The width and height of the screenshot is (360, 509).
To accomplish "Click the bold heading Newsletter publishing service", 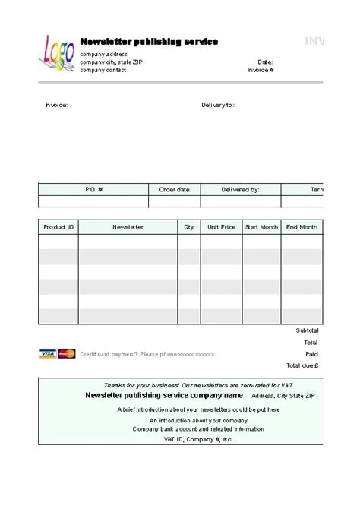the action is tap(149, 41).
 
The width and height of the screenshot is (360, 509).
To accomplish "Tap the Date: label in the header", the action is tap(265, 62).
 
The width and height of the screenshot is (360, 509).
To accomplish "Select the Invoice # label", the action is tap(261, 70).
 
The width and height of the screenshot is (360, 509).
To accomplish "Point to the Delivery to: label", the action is tap(218, 105).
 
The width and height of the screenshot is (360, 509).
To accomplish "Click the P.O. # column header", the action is tap(93, 189).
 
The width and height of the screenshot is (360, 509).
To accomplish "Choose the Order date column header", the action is tap(174, 189).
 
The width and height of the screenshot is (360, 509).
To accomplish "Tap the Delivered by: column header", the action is tap(240, 189).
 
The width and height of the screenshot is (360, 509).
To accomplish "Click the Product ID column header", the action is tap(58, 226).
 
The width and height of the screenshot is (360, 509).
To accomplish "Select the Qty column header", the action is tap(188, 226).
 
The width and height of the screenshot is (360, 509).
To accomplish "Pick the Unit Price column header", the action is tap(222, 226).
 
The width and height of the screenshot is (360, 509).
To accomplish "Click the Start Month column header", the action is tap(261, 226).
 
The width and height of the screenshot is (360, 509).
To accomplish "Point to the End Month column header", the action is tap(302, 226).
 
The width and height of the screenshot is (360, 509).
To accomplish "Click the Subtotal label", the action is tap(307, 330).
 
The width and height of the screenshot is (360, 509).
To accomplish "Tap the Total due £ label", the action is tap(303, 365).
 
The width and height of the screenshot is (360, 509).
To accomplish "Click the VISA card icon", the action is tap(48, 353).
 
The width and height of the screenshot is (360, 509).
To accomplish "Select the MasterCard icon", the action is tap(67, 353).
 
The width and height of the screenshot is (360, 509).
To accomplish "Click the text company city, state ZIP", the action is tap(111, 62).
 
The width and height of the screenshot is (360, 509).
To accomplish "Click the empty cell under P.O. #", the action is tap(93, 201).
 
